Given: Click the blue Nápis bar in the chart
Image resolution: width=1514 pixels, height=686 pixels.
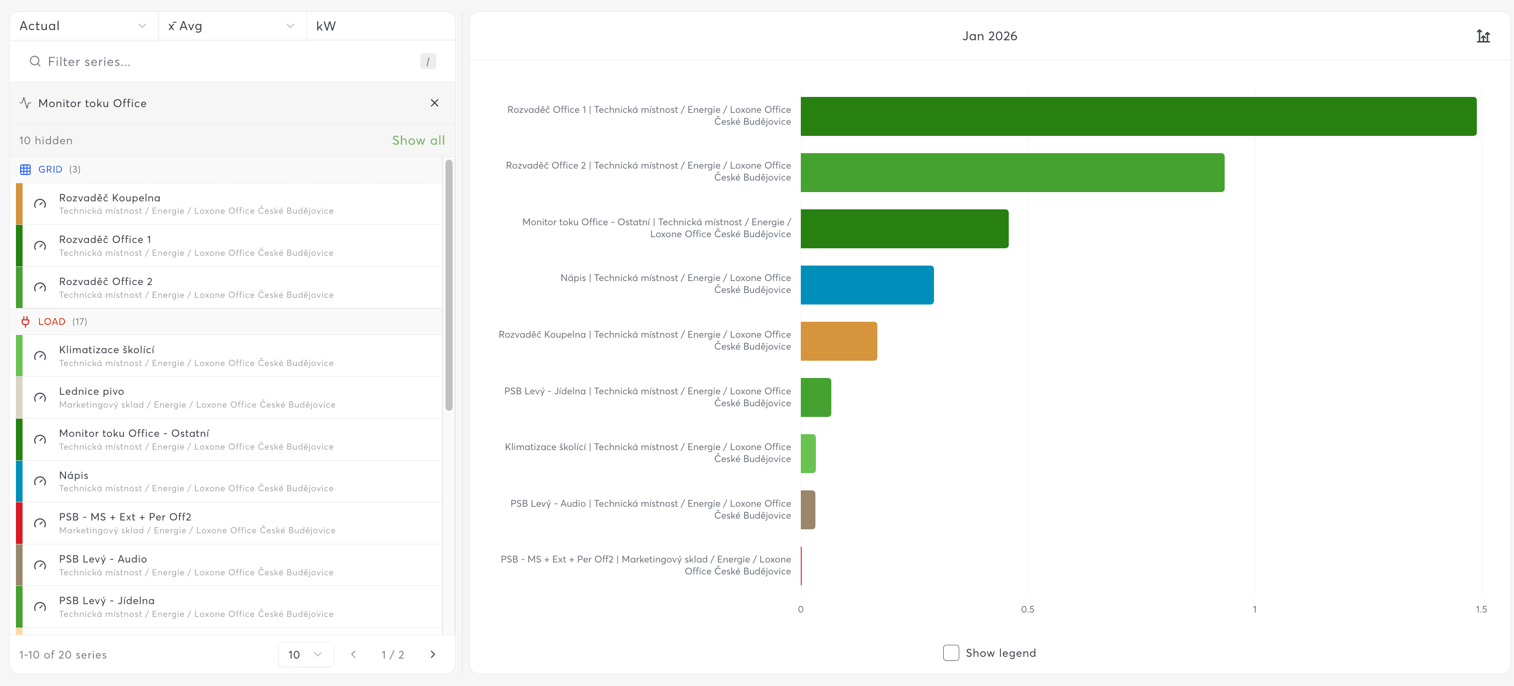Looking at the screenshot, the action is coord(867,285).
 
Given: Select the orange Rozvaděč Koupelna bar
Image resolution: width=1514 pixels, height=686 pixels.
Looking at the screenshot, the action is coord(839,341).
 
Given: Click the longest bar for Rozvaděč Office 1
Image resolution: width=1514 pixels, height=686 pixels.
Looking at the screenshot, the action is coord(1138,116).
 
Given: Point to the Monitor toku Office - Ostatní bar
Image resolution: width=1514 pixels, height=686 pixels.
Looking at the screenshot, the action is coord(904,229).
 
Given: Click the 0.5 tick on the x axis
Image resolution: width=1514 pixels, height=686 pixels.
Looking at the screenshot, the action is coord(1027,609).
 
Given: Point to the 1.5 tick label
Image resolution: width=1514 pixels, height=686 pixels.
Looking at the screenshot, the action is coord(1481,609).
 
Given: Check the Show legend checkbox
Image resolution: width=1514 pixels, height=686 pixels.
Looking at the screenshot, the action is coord(951,653).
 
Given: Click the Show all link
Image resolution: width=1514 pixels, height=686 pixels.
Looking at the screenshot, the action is coord(419,140).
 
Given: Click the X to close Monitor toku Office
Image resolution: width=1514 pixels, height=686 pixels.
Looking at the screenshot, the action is coord(434,103).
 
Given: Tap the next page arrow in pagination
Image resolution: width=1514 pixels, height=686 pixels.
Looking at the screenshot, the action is coord(433,654).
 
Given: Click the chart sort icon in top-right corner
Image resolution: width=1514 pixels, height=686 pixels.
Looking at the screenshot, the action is coord(1483,36).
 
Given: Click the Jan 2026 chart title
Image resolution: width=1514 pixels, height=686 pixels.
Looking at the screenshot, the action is coord(990,36).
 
